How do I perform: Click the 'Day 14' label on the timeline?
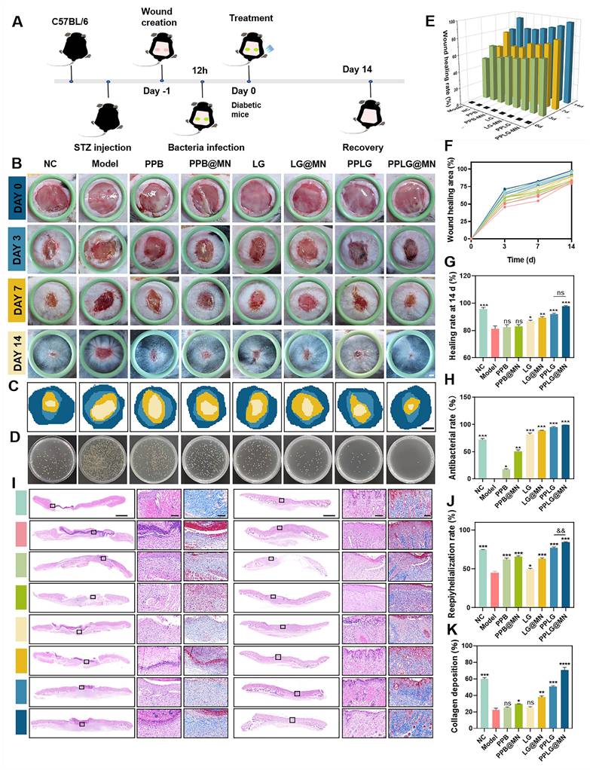pyautogui.click(x=357, y=70)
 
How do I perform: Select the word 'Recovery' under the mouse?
pyautogui.click(x=363, y=148)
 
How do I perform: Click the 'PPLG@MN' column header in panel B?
pyautogui.click(x=411, y=163)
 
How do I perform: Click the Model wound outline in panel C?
pyautogui.click(x=103, y=407)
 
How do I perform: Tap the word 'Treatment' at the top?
pyautogui.click(x=250, y=18)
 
